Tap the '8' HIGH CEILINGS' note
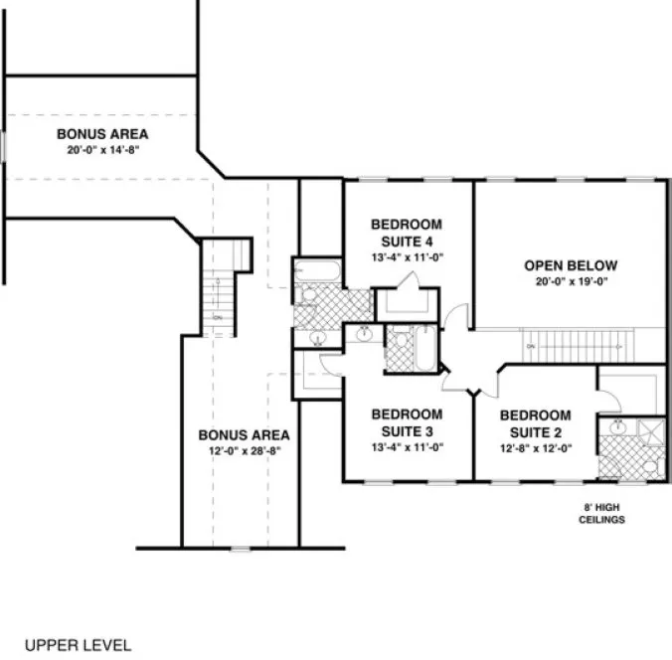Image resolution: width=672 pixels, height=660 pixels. [604, 513]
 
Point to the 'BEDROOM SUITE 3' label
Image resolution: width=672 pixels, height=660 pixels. [406, 421]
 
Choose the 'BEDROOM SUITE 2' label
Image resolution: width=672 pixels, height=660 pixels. [535, 421]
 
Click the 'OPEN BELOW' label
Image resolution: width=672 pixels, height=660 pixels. [571, 265]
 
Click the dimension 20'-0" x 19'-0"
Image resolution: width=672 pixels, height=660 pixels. [571, 281]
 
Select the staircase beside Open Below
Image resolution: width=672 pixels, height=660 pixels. [578, 345]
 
